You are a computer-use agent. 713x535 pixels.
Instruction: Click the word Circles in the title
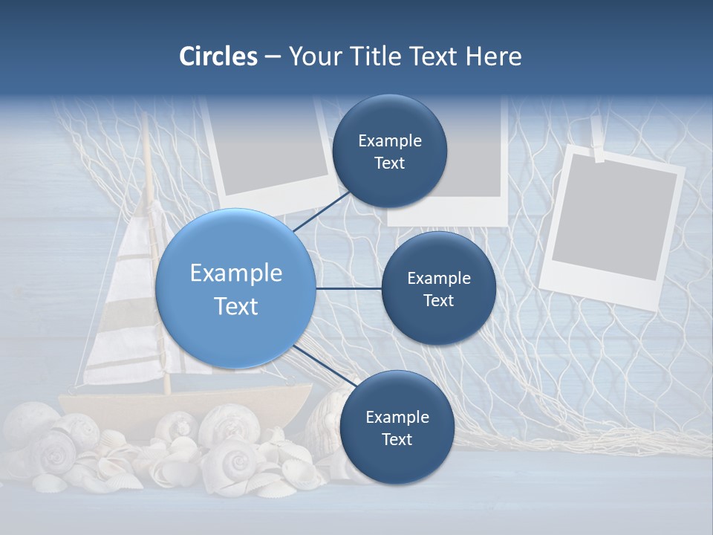coord(218,56)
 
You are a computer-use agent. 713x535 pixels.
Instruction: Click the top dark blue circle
coord(389,151)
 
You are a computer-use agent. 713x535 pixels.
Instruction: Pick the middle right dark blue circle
coord(438,288)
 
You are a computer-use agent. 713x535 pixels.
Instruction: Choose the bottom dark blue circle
coord(397,427)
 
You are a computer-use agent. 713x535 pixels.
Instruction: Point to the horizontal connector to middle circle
coord(348,288)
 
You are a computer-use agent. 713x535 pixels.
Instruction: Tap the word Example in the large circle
coord(235,273)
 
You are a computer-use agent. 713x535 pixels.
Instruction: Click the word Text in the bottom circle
coord(397,439)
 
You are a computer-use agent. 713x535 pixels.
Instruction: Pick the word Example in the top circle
coord(389,140)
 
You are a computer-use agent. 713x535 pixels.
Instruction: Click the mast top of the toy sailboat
coord(146,123)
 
